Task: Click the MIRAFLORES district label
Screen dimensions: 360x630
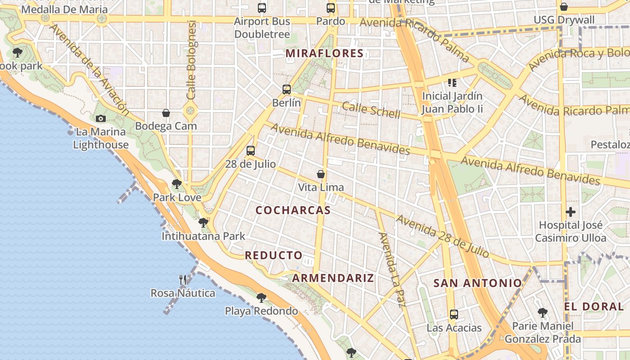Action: click(324, 54)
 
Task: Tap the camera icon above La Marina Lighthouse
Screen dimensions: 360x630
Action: click(101, 118)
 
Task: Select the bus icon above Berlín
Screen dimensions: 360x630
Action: click(287, 89)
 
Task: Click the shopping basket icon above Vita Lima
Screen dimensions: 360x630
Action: click(321, 174)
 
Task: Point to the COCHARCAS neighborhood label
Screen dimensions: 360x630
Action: click(293, 210)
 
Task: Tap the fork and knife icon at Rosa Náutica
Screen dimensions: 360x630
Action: click(183, 280)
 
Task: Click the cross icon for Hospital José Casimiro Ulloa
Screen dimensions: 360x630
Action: click(571, 211)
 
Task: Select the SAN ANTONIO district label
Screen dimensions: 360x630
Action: click(477, 283)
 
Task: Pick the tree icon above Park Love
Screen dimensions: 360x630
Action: click(177, 184)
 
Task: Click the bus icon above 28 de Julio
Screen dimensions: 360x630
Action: click(251, 150)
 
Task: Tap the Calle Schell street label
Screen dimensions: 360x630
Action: click(371, 110)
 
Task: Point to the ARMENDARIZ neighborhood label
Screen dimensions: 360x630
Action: click(333, 278)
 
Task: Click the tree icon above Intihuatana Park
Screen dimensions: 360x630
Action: click(203, 222)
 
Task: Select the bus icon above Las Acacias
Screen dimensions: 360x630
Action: click(454, 314)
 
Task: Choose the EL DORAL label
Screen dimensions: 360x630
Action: click(594, 306)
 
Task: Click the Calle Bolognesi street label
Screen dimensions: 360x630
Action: click(192, 60)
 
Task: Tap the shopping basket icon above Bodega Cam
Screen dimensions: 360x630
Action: click(166, 112)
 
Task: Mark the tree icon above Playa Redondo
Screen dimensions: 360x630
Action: click(261, 297)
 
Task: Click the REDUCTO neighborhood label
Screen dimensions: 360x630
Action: click(274, 255)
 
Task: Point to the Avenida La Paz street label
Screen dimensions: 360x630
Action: click(392, 270)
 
